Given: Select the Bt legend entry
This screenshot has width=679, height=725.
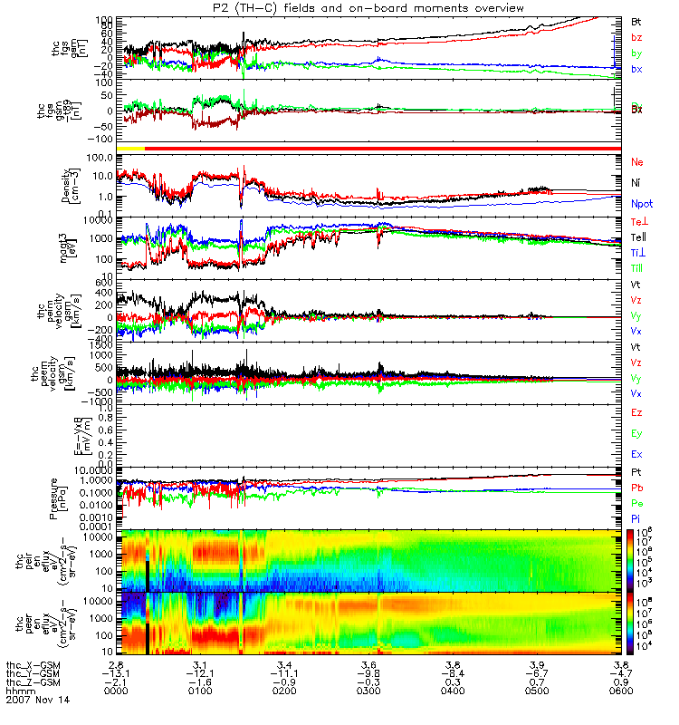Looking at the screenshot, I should click(636, 20).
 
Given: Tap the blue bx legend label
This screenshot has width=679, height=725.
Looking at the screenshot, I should click(636, 69).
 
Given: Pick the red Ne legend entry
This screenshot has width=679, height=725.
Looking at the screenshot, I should click(636, 161).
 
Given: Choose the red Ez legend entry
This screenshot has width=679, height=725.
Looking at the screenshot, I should click(636, 412).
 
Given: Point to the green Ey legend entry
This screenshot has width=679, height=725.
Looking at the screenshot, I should click(636, 433).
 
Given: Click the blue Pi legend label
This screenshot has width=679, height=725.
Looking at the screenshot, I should click(636, 517).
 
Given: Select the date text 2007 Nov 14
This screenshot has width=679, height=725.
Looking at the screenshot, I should click(31, 701).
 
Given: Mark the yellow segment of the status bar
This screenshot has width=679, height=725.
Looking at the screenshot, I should click(131, 147).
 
